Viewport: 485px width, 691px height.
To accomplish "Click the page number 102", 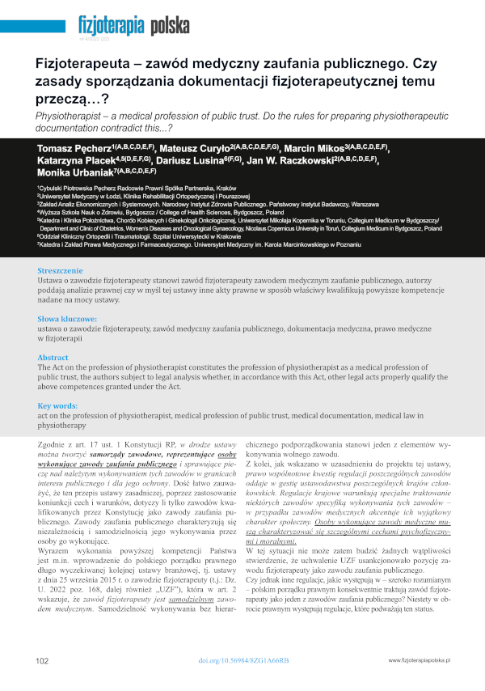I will (x=43, y=661).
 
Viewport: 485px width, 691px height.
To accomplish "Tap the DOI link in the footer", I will (x=243, y=661).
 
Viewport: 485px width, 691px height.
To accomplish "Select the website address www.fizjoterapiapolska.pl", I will (x=419, y=661).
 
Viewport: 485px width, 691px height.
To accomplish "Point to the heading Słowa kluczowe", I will (x=67, y=319).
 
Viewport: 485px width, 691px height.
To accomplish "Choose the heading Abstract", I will (x=53, y=356).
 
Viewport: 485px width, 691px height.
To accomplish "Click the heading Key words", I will (x=57, y=405).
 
